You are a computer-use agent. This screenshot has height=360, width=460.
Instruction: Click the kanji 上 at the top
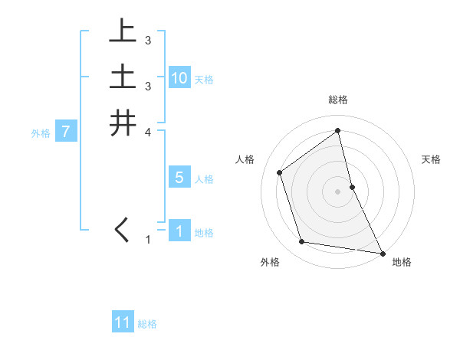[x=123, y=31]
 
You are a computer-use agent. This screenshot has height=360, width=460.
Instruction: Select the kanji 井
[x=123, y=123]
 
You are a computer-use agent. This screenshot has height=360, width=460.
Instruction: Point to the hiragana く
[x=122, y=231]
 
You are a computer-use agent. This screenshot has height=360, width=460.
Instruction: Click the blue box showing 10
[x=179, y=78]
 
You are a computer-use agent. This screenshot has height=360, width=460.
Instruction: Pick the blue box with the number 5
[x=179, y=178]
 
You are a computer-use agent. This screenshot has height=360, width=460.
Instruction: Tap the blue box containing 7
[x=66, y=132]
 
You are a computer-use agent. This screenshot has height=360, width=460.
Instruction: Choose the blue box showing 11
[x=123, y=322]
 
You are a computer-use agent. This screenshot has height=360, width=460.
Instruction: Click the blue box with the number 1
[x=179, y=231]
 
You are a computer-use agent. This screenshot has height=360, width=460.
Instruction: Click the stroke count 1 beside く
[x=148, y=240]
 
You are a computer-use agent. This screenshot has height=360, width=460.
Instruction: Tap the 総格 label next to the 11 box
[x=147, y=324]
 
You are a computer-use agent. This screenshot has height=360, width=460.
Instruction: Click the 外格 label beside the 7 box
[x=41, y=133]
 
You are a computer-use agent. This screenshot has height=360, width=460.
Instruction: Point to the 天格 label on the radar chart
[x=432, y=159]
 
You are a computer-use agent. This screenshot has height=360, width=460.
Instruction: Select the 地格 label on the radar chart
[x=402, y=262]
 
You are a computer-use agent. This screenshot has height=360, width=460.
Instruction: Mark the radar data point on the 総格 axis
[x=337, y=131]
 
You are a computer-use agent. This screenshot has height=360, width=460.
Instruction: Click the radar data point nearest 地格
[x=381, y=251]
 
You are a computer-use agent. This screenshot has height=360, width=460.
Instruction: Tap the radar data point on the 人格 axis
[x=280, y=172]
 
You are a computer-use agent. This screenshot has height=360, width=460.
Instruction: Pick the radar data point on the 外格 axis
[x=302, y=242]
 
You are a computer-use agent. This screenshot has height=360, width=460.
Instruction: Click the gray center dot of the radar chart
[x=337, y=190]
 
